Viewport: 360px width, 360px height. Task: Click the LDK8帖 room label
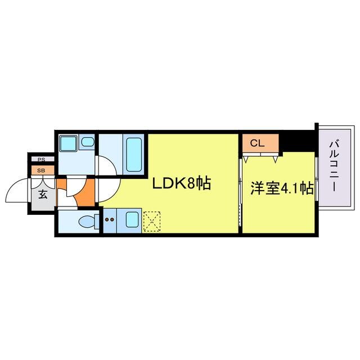click(x=180, y=184)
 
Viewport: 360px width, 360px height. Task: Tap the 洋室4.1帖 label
click(x=282, y=188)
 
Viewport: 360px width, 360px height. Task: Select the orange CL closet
click(x=260, y=143)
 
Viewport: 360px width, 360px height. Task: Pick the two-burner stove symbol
click(x=110, y=220)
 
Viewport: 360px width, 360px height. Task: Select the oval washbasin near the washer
click(x=87, y=142)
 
